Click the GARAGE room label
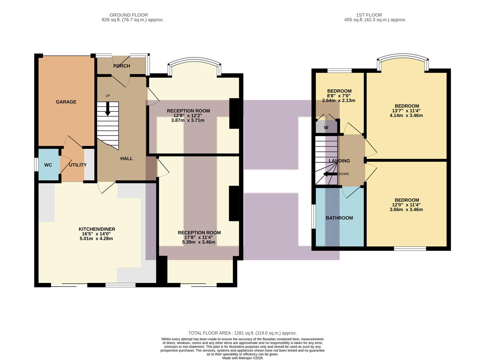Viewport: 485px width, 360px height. (x=66, y=102)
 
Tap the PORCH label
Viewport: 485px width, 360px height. (x=122, y=66)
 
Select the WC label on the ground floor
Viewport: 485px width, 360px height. (x=48, y=165)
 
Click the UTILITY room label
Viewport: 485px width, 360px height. (x=78, y=165)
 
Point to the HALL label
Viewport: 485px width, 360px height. (x=126, y=159)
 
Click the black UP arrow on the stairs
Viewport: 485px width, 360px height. (x=108, y=109)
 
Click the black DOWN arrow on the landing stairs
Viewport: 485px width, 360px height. (x=330, y=174)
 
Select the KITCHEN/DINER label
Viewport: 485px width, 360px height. (x=97, y=229)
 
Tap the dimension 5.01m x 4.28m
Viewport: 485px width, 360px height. (x=96, y=239)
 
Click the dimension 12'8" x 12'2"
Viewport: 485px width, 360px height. (x=188, y=116)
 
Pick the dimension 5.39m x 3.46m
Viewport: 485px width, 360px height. (x=199, y=242)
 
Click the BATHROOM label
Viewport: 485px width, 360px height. (x=339, y=218)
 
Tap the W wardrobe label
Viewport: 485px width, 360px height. (x=326, y=128)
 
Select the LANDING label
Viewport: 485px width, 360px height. (x=339, y=161)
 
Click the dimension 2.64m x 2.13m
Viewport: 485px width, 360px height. (x=339, y=100)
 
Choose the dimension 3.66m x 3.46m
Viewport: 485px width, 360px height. (x=406, y=210)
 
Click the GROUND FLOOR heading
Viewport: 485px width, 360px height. (x=129, y=15)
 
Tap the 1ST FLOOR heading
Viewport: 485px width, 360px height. (x=369, y=15)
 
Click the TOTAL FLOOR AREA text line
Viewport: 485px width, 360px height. (x=242, y=333)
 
